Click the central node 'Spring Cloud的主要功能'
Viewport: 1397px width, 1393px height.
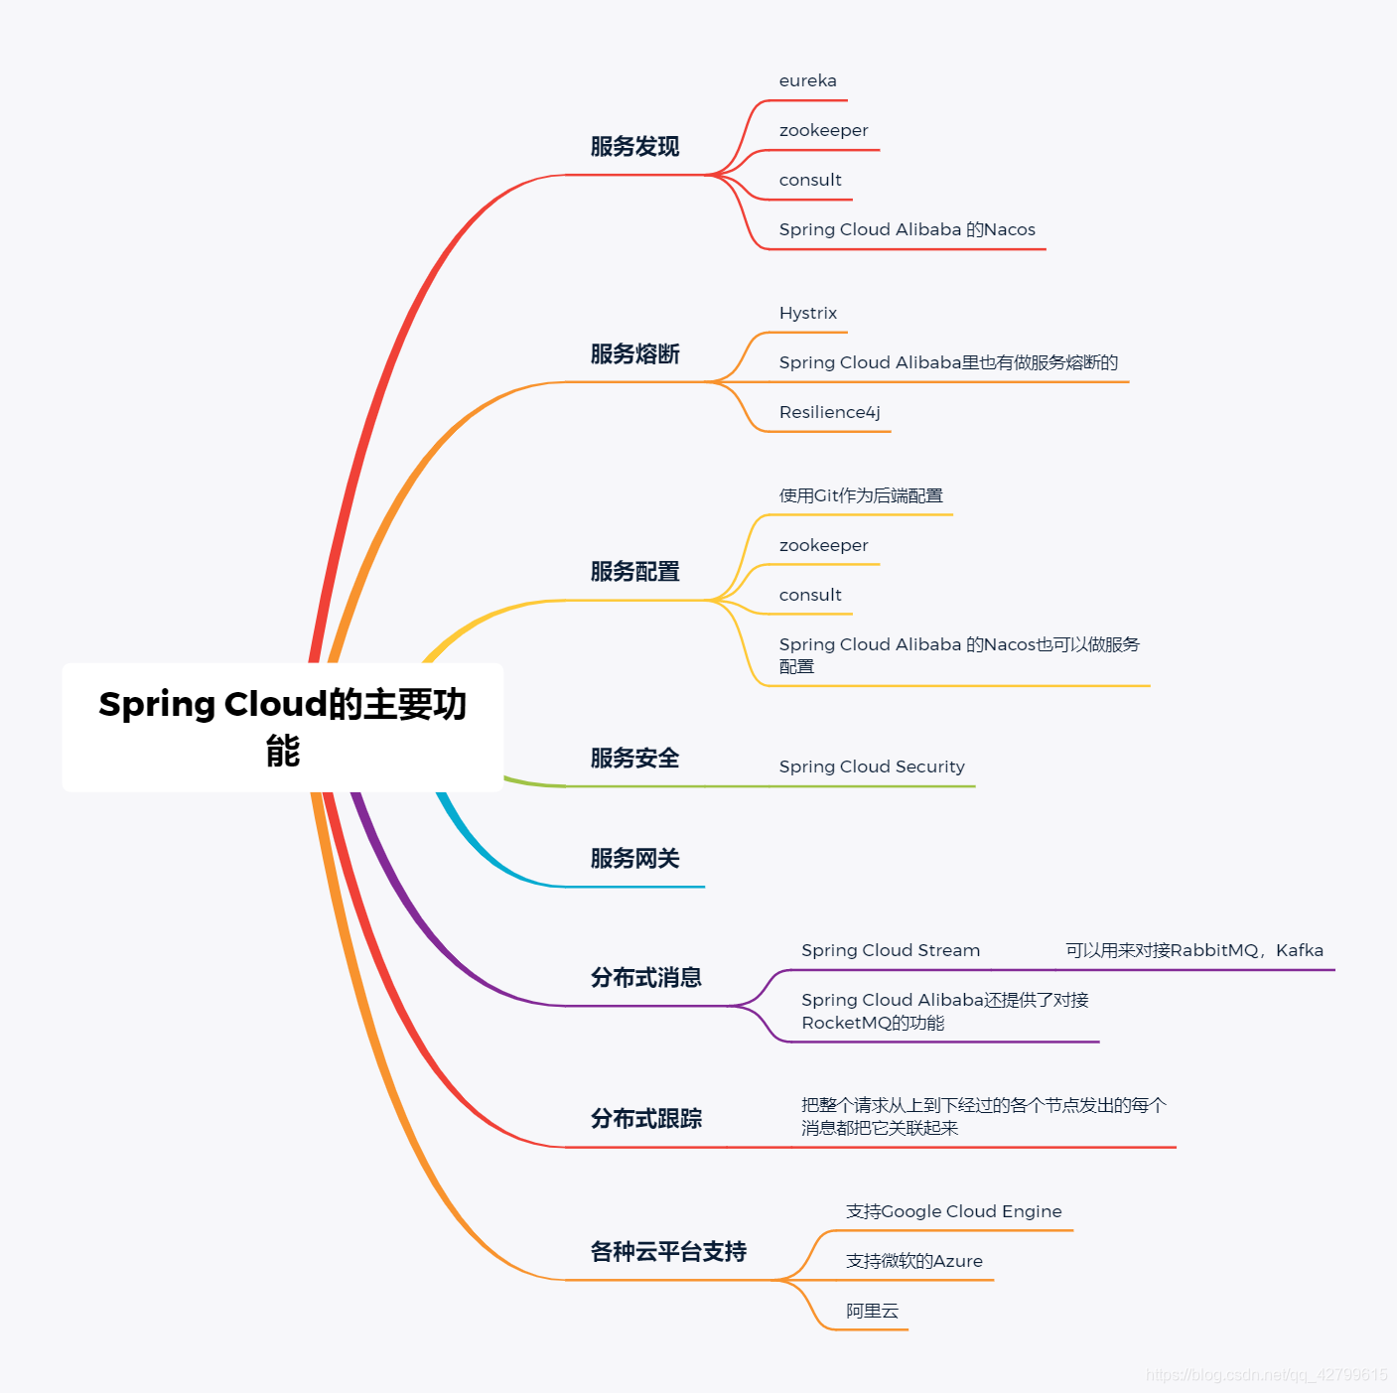coord(283,727)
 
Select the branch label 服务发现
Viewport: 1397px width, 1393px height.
coord(634,147)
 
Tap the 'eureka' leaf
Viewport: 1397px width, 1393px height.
coord(807,81)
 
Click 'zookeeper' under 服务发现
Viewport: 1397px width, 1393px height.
coord(823,131)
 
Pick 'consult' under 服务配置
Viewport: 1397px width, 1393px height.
coord(810,596)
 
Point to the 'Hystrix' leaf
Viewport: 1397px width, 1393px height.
coord(807,314)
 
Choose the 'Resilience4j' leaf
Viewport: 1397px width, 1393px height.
coord(829,413)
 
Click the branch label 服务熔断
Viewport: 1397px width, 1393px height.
coord(634,354)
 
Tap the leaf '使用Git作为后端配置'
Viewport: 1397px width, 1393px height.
coord(861,496)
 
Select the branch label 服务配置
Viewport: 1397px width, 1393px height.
coord(634,572)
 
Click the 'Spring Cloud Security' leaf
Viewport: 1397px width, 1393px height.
coord(872,767)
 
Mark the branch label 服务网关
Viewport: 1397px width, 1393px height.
coord(634,859)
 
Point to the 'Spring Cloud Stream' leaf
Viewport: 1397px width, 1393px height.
coord(891,951)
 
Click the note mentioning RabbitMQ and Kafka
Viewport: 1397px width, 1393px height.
coord(1193,951)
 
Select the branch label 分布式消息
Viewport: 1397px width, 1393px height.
coord(645,978)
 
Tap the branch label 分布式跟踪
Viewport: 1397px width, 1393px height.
coord(645,1119)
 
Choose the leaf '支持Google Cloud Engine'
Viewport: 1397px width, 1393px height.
coord(953,1212)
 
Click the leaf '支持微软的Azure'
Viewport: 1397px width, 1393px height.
coord(913,1262)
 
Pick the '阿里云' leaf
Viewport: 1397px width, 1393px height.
coord(872,1312)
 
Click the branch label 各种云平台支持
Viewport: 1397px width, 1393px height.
coord(668,1252)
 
